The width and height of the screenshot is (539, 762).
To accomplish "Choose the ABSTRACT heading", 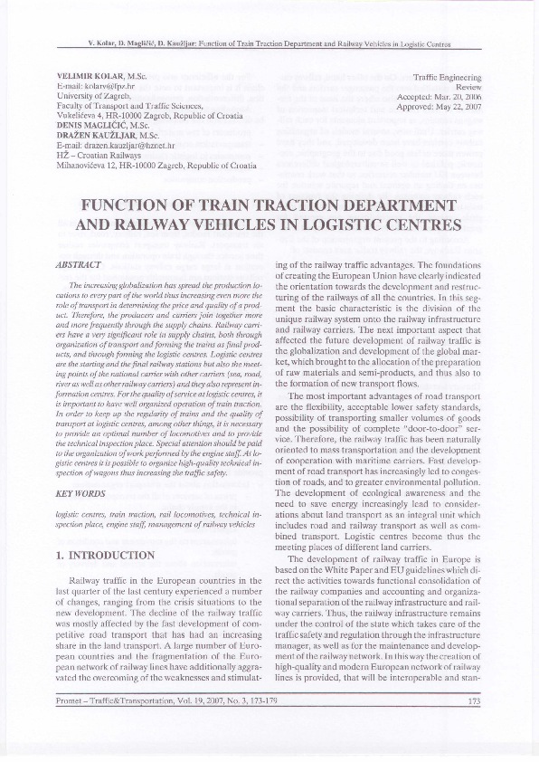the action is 73,264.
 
